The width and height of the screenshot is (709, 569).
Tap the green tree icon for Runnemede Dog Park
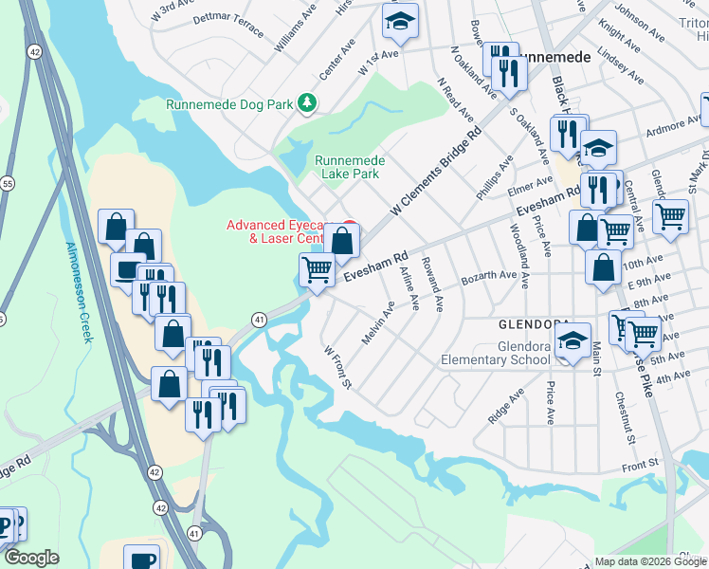(306, 101)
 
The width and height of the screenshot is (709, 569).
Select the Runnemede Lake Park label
(347, 167)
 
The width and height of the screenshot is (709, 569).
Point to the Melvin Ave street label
(377, 323)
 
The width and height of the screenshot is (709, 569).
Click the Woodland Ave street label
(519, 244)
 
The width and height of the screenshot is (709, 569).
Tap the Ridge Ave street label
(505, 406)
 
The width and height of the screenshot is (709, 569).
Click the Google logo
(31, 558)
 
